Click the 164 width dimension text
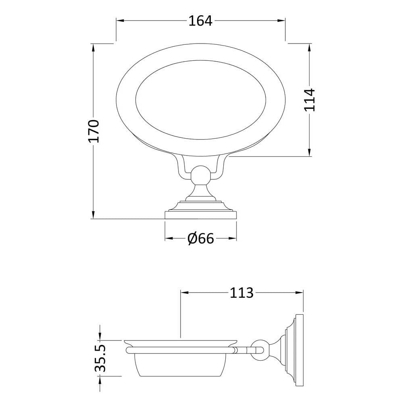click(x=200, y=21)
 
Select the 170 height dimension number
click(x=93, y=131)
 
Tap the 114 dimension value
click(x=310, y=100)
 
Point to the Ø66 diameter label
click(x=200, y=238)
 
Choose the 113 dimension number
click(x=241, y=293)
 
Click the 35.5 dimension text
click(x=100, y=359)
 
